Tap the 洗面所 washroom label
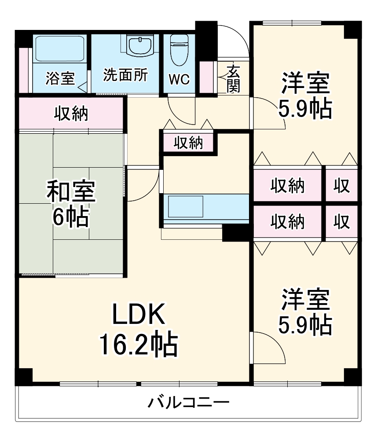125,74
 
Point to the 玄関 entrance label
233,79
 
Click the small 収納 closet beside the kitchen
188,143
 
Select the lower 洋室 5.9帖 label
304,312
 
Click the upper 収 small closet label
341,186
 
